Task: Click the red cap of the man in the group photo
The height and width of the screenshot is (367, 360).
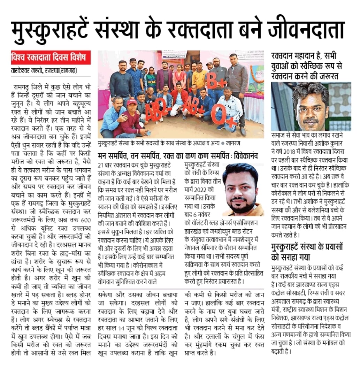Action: pos(132,101)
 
